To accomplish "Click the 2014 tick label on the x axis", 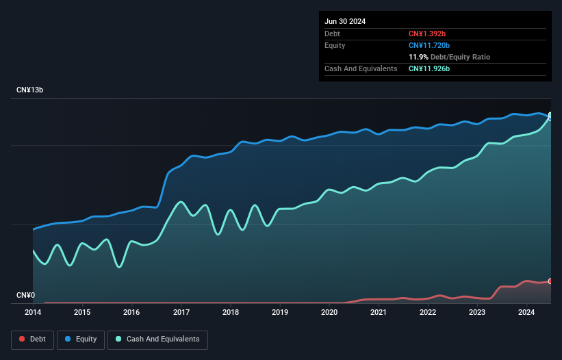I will (x=33, y=313).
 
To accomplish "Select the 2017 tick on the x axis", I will (x=181, y=313).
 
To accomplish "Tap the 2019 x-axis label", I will (x=280, y=313).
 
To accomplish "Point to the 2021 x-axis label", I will (x=379, y=313).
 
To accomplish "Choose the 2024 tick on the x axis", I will (x=526, y=313).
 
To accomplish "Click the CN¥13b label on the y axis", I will (x=30, y=90).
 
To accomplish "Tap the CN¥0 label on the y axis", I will (x=25, y=296).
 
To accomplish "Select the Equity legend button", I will (x=81, y=339).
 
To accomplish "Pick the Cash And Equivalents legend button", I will (x=157, y=339).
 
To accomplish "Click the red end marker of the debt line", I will (x=550, y=281).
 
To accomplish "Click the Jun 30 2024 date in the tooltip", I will (x=345, y=21).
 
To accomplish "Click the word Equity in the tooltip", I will (x=335, y=45).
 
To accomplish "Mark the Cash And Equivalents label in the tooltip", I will (x=361, y=68).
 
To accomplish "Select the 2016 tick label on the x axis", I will (x=131, y=313).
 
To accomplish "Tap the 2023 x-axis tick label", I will (x=477, y=313).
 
